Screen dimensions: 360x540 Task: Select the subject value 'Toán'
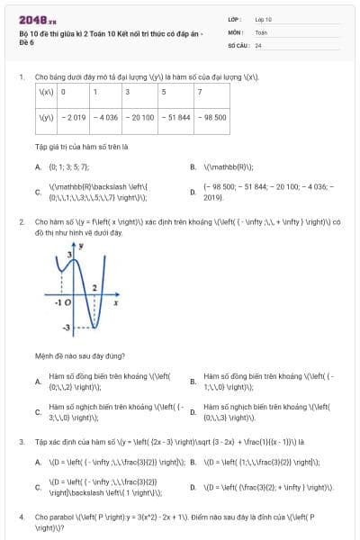coord(261,31)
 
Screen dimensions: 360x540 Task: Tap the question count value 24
coord(258,44)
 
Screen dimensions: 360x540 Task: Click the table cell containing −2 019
coord(73,116)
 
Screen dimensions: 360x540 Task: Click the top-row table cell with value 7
coord(200,92)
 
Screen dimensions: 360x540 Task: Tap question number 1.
coord(21,77)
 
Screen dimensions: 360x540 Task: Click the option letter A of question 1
coord(38,166)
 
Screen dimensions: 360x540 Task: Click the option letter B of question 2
coord(193,381)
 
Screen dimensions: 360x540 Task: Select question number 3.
coord(21,442)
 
